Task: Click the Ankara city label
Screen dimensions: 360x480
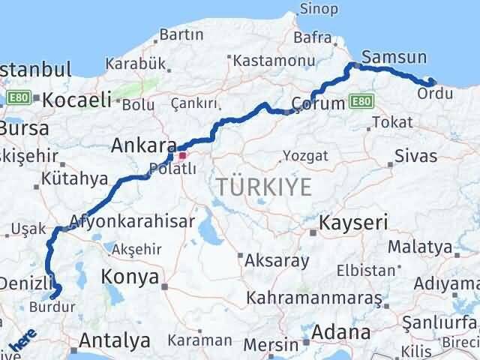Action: coord(143,145)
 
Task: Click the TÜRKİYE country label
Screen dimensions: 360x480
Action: coord(263,187)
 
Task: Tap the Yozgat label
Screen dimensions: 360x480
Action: coord(306,156)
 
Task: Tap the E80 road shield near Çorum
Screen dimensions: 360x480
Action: coord(361,100)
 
